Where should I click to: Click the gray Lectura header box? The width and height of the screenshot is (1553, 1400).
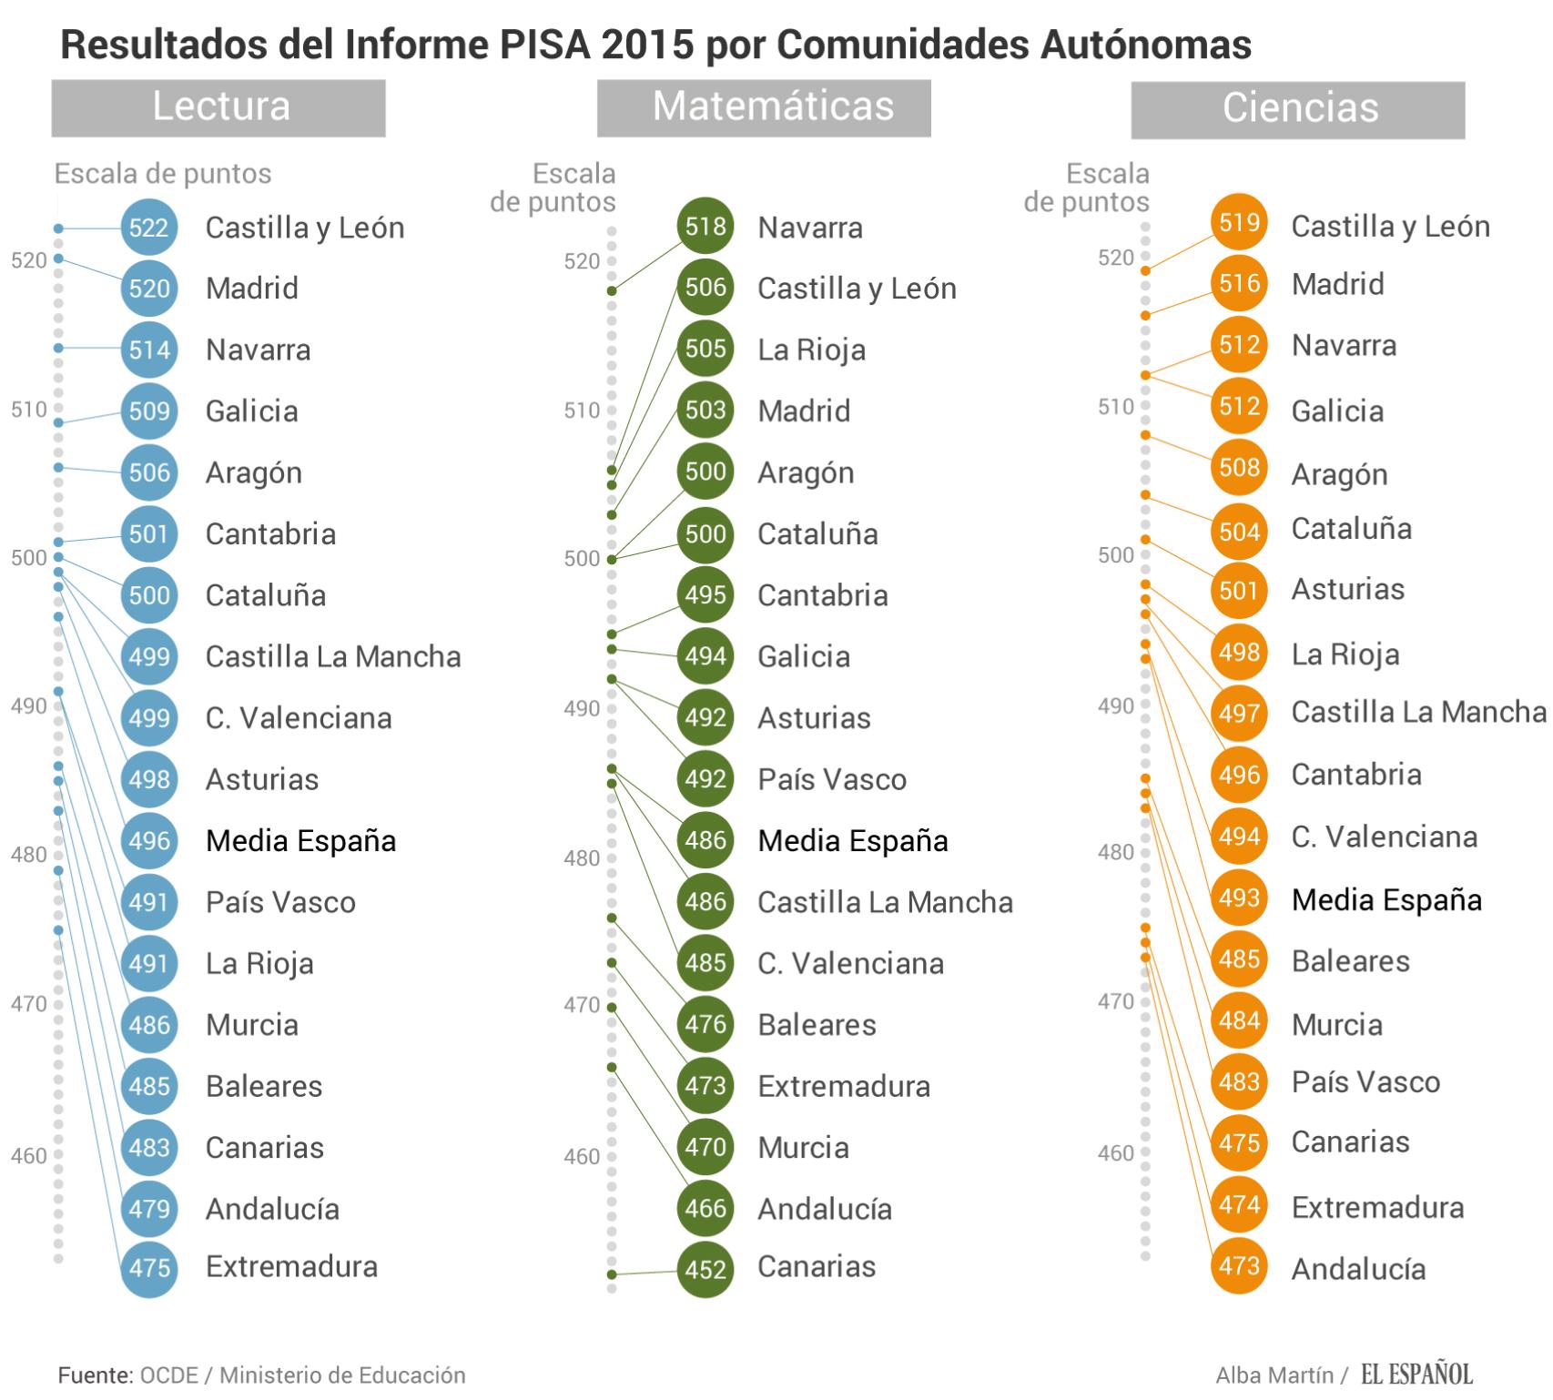218,107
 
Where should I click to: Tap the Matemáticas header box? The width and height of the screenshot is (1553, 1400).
764,107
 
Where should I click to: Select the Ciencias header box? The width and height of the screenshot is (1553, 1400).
1298,109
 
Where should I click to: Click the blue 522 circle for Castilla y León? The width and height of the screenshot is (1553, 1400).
148,228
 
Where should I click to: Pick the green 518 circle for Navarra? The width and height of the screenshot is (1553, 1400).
705,227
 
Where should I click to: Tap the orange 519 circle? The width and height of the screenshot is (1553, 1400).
1239,223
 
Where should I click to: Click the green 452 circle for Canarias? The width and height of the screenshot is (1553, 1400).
705,1269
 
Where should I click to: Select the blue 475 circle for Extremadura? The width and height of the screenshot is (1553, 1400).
148,1268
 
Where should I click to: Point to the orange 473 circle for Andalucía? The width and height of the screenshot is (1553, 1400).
1239,1266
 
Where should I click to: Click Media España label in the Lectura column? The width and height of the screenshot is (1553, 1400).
300,841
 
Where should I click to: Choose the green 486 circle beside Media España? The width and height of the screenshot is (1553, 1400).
705,840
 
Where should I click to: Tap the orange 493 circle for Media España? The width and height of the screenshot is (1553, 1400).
1239,898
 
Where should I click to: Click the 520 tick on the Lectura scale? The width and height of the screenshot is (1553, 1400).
29,261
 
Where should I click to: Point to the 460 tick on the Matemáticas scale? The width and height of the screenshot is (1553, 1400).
582,1157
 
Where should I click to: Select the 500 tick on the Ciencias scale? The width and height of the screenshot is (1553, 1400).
1115,555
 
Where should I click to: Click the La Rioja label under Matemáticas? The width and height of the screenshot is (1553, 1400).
811,350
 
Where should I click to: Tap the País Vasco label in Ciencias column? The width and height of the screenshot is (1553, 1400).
1365,1082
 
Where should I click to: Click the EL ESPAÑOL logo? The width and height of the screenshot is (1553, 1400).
1416,1374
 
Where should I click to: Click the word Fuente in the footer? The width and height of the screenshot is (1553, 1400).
95,1375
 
